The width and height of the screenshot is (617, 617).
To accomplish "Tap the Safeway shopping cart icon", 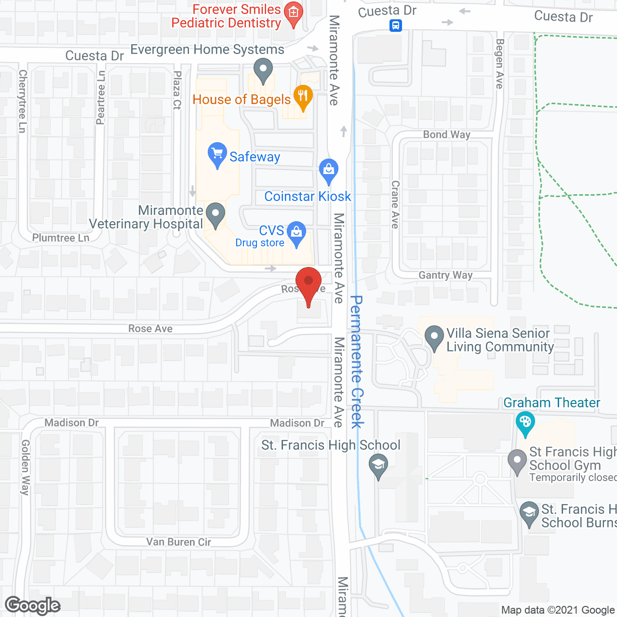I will click(217, 153).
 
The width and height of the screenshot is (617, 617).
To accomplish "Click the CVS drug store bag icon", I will click(296, 232).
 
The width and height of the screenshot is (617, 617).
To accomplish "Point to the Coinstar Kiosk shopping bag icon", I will click(329, 170).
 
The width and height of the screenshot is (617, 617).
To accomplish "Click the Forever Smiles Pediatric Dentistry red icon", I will click(293, 13).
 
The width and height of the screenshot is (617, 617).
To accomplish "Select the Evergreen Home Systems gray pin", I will click(263, 69).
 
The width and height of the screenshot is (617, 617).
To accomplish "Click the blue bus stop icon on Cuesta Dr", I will click(395, 25).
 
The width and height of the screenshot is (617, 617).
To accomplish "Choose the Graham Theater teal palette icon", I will click(525, 422).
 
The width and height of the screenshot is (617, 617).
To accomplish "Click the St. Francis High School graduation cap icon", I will click(378, 466).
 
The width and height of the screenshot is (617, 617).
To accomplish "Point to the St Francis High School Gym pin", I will click(517, 461).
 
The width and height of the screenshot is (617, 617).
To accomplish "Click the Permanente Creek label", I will click(356, 362).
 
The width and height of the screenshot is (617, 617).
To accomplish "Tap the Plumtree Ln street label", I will click(61, 238).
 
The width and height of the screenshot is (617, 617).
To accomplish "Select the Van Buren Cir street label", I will click(178, 542).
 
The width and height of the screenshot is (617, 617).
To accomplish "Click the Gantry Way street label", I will click(445, 275).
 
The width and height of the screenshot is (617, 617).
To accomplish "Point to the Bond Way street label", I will click(446, 135).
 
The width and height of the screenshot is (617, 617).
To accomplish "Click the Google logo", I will click(33, 605).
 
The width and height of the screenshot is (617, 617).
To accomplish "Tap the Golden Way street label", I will click(25, 467).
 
